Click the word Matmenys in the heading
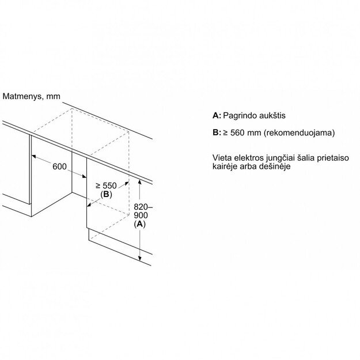coord(22,96)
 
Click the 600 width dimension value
coord(59,166)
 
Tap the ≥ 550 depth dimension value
coord(106,185)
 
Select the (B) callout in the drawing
coord(106,195)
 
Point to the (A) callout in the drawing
coord(139,224)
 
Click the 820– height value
coord(143,207)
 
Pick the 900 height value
coord(141,215)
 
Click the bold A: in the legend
coord(217,115)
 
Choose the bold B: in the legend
coord(217,132)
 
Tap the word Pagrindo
coord(240,115)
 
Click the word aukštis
coord(272,115)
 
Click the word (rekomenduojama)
coord(299,133)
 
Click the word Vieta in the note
coord(222,158)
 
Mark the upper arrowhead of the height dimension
coord(139,182)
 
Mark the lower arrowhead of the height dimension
coord(139,258)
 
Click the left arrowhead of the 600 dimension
coord(34,156)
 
